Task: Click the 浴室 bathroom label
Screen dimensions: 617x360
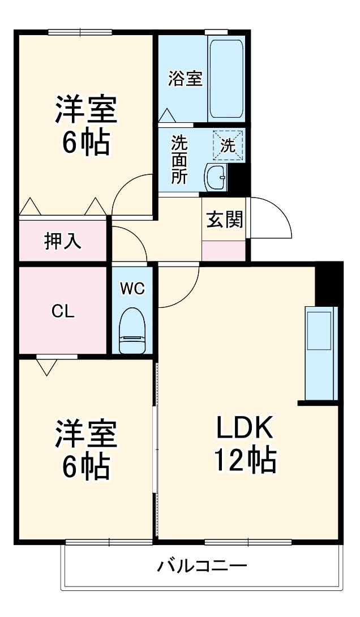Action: coord(185,79)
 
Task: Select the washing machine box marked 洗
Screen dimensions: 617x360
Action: coord(227,145)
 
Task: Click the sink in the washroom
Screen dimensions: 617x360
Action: coord(215,178)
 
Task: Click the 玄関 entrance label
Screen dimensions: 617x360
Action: coord(224,220)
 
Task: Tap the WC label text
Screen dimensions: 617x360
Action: coord(132,289)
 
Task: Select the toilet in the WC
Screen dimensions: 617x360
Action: coord(133,332)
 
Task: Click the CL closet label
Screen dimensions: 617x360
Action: coord(63,311)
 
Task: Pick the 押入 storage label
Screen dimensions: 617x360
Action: coord(63,241)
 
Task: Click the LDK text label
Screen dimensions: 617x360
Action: coord(244,429)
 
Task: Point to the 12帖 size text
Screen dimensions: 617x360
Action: coord(244,460)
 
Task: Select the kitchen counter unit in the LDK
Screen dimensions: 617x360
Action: coord(320,353)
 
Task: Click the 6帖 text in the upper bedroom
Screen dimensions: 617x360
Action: coord(85,142)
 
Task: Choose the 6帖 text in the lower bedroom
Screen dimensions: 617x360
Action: coord(85,465)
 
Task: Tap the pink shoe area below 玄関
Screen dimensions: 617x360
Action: coord(224,250)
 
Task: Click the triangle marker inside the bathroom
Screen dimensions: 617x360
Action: coord(167,115)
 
